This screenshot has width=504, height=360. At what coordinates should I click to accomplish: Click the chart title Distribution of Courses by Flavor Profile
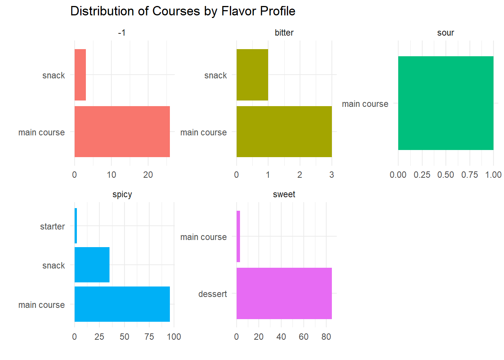[183, 11]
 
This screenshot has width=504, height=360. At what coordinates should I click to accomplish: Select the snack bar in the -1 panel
[80, 75]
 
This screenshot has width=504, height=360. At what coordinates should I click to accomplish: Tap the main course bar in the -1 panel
[122, 132]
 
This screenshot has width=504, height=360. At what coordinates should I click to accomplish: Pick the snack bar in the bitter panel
[252, 75]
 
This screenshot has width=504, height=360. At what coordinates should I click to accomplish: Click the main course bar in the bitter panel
[284, 132]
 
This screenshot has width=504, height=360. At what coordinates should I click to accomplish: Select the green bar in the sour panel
[445, 103]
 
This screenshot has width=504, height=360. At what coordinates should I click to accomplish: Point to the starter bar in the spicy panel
[76, 226]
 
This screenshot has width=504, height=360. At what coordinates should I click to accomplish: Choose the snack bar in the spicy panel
[92, 265]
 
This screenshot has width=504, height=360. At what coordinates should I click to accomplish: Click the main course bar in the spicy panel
[122, 304]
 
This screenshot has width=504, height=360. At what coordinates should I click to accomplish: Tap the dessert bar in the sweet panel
[284, 293]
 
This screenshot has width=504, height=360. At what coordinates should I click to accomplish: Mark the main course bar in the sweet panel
[238, 236]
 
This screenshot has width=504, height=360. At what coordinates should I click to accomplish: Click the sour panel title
[445, 33]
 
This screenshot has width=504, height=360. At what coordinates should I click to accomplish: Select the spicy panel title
[122, 195]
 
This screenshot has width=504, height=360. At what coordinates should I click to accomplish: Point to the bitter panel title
[284, 33]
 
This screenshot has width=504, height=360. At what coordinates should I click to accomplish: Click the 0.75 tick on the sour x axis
[469, 175]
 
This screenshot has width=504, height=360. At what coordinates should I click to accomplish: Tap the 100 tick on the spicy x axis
[174, 337]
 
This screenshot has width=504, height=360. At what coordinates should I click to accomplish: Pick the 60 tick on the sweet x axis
[304, 337]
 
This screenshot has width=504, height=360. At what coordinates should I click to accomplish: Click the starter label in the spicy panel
[52, 226]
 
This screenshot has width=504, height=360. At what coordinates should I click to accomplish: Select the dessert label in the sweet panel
[213, 294]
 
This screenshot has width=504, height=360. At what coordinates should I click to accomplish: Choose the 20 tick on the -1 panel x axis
[148, 175]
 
